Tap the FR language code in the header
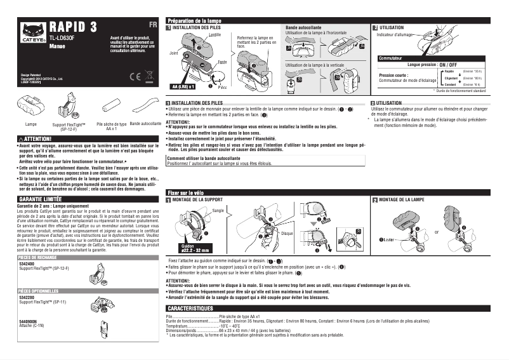pyautogui.click(x=152, y=25)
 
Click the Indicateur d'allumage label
pyautogui.click(x=395, y=35)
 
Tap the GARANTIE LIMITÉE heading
pyautogui.click(x=41, y=199)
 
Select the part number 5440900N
pyautogui.click(x=29, y=321)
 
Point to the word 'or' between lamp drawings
pyautogui.click(x=436, y=231)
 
